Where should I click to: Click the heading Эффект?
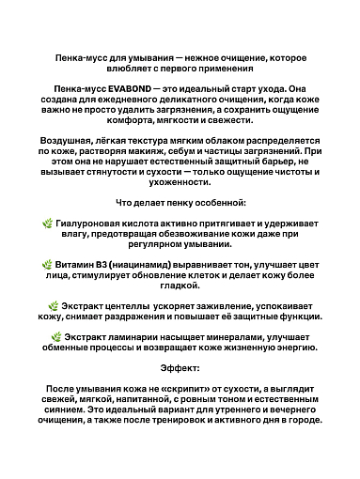180,368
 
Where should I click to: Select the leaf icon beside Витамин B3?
48,265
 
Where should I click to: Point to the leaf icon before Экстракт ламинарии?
57,336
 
